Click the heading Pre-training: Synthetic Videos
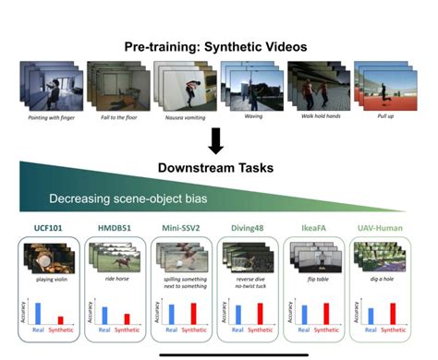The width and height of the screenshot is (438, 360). (x=215, y=46)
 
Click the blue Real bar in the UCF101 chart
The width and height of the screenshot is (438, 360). (x=38, y=312)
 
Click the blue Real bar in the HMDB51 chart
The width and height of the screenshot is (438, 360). (x=103, y=315)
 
